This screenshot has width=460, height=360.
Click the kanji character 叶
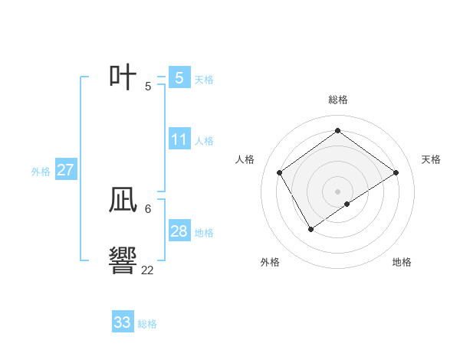pyautogui.click(x=123, y=77)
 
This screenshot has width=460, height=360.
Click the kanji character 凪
pyautogui.click(x=123, y=201)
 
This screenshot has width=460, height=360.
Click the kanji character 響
pyautogui.click(x=123, y=261)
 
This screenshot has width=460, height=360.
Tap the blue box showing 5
pyautogui.click(x=179, y=77)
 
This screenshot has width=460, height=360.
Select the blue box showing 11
pyautogui.click(x=179, y=139)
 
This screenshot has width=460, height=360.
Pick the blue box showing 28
pyautogui.click(x=179, y=231)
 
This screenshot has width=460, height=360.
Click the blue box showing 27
pyautogui.click(x=65, y=170)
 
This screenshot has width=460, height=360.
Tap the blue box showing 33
pyautogui.click(x=123, y=322)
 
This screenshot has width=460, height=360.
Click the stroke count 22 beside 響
pyautogui.click(x=147, y=270)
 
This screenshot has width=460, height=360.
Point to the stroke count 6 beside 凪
pyautogui.click(x=147, y=208)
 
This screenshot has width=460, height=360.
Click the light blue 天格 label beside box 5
pyautogui.click(x=204, y=79)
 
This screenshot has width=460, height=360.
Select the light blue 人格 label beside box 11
pyautogui.click(x=204, y=141)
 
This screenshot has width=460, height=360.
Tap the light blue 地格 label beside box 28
pyautogui.click(x=204, y=233)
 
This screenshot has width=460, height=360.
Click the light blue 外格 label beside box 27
pyautogui.click(x=41, y=172)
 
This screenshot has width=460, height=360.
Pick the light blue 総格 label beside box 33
pyautogui.click(x=147, y=324)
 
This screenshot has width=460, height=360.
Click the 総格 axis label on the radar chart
pyautogui.click(x=337, y=100)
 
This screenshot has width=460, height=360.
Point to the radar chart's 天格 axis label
pyautogui.click(x=432, y=159)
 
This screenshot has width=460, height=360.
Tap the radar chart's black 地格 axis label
pyautogui.click(x=402, y=262)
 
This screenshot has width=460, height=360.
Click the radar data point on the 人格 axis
pyautogui.click(x=280, y=172)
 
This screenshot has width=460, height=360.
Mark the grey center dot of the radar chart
pyautogui.click(x=337, y=191)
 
